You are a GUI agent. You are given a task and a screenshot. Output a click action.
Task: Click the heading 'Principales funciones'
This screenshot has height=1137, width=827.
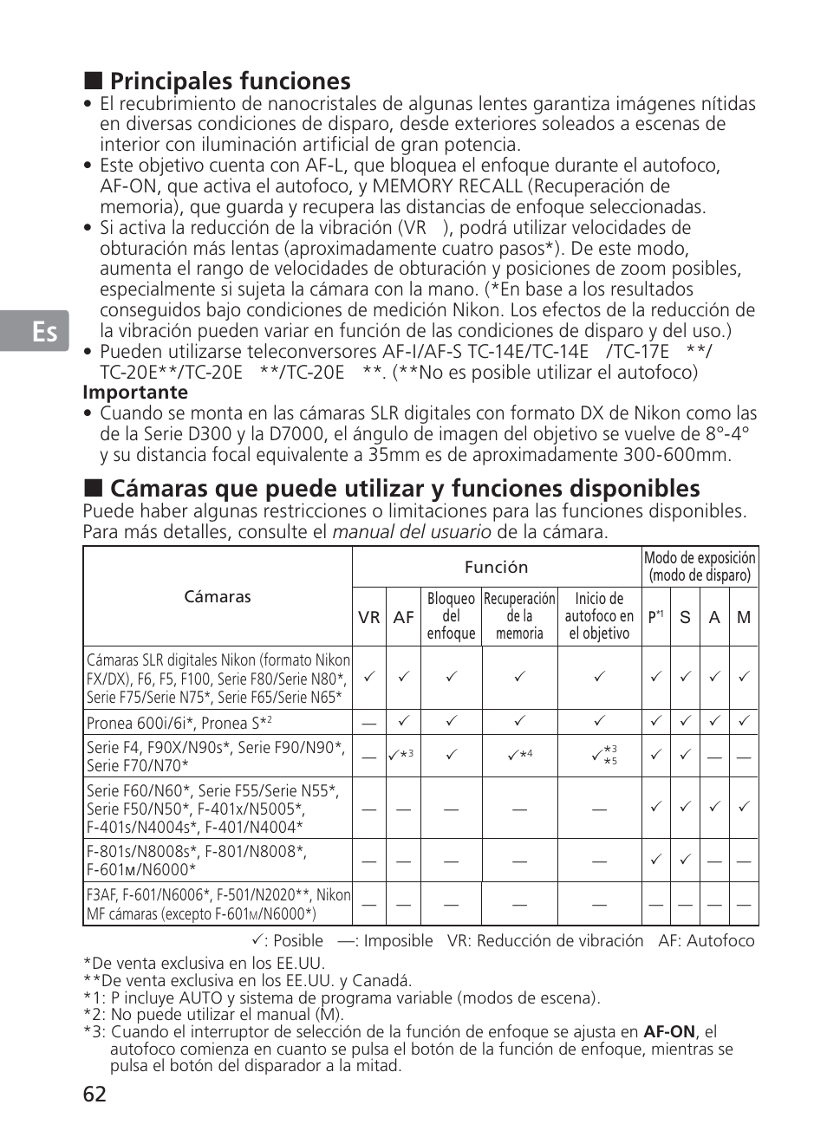click(x=230, y=81)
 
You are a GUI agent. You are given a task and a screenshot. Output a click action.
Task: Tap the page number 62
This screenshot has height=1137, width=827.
click(x=95, y=1095)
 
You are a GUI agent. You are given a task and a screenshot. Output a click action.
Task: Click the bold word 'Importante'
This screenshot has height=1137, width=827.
click(x=135, y=393)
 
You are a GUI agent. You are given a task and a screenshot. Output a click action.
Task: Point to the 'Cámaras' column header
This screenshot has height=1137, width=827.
click(x=218, y=597)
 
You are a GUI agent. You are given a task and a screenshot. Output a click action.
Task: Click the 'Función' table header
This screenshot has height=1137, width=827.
click(x=496, y=568)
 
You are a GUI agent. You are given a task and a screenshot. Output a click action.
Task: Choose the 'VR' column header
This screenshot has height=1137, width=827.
click(x=369, y=618)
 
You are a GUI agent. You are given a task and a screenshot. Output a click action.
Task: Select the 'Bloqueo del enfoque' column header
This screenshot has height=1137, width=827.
click(x=451, y=616)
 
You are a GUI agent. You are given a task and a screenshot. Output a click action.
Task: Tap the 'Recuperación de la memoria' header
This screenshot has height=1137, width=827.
click(x=519, y=616)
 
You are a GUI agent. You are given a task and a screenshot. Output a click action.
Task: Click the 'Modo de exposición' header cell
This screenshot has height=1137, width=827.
click(x=700, y=567)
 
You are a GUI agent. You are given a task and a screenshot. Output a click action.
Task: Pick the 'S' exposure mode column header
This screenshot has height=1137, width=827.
click(x=685, y=618)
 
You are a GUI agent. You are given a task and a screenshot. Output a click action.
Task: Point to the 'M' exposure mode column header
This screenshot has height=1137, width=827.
click(x=744, y=618)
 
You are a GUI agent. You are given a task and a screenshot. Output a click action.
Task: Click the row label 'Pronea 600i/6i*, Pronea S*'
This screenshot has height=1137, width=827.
click(x=179, y=723)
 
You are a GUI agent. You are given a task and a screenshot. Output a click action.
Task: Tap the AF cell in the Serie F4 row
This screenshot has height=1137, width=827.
click(x=402, y=756)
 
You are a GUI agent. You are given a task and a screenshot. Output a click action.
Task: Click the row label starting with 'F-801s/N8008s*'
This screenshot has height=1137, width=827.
click(x=197, y=861)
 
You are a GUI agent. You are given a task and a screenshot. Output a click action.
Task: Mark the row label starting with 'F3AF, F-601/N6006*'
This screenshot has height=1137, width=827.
click(x=218, y=904)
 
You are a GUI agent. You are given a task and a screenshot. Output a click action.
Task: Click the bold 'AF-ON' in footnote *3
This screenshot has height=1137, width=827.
click(x=669, y=1032)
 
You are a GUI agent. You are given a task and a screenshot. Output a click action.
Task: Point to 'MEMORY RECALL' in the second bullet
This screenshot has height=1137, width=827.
click(x=447, y=186)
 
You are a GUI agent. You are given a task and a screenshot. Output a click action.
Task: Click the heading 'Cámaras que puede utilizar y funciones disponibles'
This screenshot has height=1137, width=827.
click(x=405, y=489)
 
